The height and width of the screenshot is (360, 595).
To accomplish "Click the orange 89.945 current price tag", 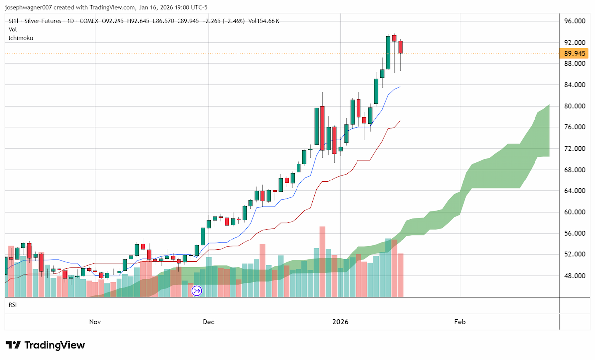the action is [574, 53].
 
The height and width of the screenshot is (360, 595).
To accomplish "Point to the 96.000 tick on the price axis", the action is [575, 21].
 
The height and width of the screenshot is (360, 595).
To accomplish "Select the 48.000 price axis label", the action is [575, 276].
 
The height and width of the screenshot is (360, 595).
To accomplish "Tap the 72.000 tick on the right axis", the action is [575, 149].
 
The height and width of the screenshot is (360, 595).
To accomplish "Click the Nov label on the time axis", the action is [95, 322].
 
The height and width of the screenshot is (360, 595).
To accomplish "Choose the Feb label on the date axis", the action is [460, 322].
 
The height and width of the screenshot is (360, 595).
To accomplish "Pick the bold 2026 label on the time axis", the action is [340, 322].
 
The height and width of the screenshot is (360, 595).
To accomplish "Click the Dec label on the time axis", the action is [209, 322].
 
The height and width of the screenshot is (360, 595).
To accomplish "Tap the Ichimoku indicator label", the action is [21, 38].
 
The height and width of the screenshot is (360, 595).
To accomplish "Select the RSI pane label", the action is [13, 305].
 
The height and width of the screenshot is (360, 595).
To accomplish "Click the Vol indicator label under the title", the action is [13, 29].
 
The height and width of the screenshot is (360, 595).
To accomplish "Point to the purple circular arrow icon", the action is [197, 291].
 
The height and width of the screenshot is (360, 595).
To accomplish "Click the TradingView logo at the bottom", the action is [46, 345].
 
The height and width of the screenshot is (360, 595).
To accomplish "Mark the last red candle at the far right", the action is [400, 47].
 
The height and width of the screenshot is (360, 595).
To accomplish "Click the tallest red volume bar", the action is [322, 262].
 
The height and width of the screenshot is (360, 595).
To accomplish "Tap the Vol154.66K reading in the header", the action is [264, 21].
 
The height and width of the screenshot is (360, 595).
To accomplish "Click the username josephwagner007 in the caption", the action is [28, 7].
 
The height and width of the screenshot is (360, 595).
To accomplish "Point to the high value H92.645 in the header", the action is [138, 21].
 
